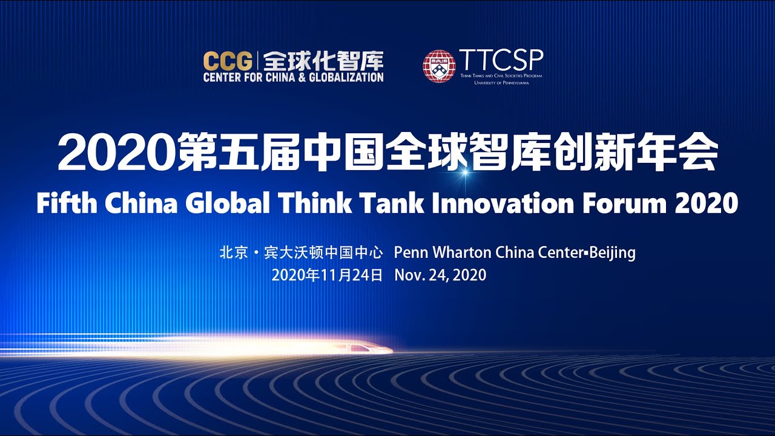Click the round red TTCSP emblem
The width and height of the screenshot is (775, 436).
point(438,66)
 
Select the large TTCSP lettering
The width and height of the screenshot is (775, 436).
point(501,60)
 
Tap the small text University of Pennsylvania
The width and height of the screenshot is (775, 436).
point(501,82)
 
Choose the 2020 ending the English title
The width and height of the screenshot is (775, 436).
point(707,203)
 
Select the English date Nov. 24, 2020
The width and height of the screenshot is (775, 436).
point(440,275)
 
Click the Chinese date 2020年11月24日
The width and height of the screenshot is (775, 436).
point(327,275)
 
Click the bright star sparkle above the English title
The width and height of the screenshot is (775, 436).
point(465,173)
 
